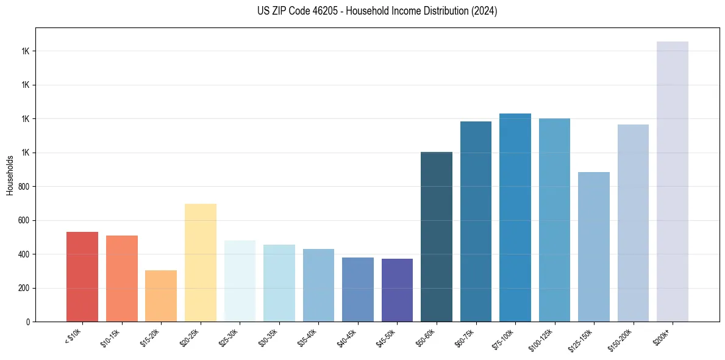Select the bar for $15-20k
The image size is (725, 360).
coord(161,296)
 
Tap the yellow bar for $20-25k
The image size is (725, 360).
coord(200,262)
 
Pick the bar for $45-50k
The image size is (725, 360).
coord(397,290)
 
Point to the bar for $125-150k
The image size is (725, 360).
coord(594,247)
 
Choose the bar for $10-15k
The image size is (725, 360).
coord(122,278)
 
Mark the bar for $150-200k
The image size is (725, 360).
coord(633,223)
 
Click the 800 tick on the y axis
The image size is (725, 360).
coord(24,186)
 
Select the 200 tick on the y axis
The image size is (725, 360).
coord(24,288)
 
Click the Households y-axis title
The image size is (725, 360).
coord(10,175)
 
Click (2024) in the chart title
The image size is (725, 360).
coord(485,11)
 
